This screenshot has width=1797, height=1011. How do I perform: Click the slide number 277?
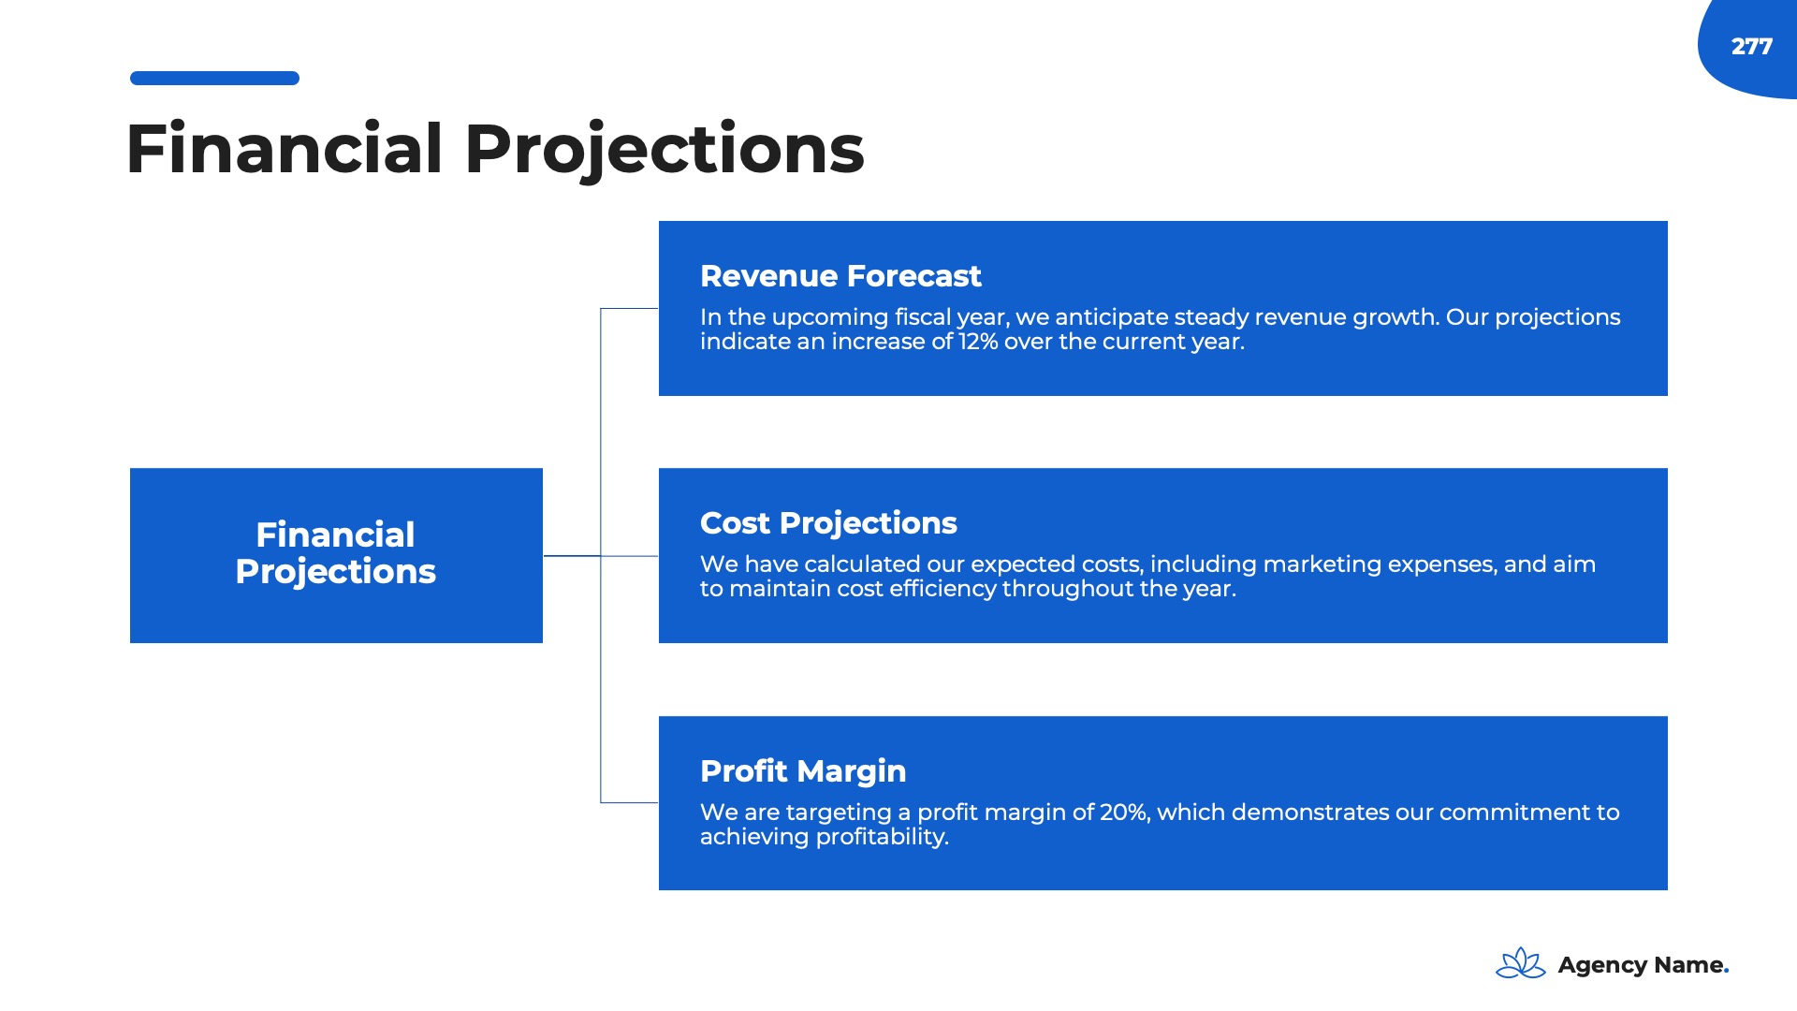tap(1751, 47)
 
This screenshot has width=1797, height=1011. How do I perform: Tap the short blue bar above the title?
tap(214, 79)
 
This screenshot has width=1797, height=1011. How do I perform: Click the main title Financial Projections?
tap(495, 150)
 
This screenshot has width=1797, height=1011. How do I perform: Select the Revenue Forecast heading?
tap(840, 276)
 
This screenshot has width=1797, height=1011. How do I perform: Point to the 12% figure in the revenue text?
tap(978, 342)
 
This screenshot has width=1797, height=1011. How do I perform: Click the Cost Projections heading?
tap(828, 523)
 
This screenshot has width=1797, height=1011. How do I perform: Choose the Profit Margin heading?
tap(803, 771)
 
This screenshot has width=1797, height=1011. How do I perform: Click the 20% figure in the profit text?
tap(1123, 813)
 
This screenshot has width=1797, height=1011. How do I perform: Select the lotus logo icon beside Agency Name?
tap(1521, 963)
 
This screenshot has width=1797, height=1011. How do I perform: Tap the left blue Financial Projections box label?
tap(335, 553)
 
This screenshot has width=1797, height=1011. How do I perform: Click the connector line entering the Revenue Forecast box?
tap(629, 308)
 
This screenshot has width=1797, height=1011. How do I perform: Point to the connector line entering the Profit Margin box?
tap(629, 802)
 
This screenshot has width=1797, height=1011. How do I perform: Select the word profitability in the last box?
tap(883, 837)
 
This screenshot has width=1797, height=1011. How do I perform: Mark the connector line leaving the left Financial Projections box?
tap(572, 556)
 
